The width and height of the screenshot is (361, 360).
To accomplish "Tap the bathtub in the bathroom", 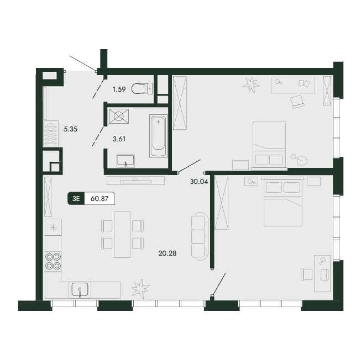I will pyautogui.click(x=158, y=135).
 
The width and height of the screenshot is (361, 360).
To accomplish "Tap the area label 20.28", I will pyautogui.click(x=167, y=253).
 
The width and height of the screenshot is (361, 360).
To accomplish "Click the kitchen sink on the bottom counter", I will pyautogui.click(x=81, y=290).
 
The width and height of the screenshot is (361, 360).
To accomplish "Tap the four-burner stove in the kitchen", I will pyautogui.click(x=53, y=260).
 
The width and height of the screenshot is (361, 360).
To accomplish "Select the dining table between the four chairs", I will pyautogui.click(x=122, y=234).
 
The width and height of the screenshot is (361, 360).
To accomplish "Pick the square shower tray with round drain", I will pyautogui.click(x=119, y=117).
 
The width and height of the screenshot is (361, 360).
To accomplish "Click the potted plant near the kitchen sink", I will pyautogui.click(x=140, y=288).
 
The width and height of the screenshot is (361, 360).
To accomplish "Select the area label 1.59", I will pyautogui.click(x=119, y=88).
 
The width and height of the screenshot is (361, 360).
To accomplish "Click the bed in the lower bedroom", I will pyautogui.click(x=284, y=202).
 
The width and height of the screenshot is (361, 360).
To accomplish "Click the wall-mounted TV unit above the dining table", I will pyautogui.click(x=135, y=179).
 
